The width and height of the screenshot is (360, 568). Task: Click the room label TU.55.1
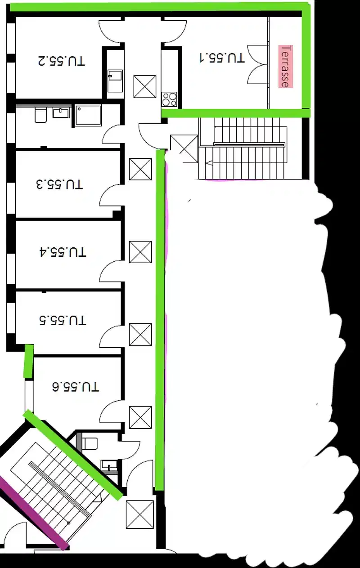(x=222, y=58)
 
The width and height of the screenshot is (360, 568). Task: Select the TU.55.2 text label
(x=61, y=60)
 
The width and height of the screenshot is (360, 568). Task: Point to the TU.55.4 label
(x=63, y=251)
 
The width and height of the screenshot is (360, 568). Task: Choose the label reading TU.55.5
(x=63, y=321)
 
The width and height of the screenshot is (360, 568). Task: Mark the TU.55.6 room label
(x=76, y=386)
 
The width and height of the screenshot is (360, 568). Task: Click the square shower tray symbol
(x=88, y=116)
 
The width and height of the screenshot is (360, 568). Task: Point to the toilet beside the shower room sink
(x=40, y=115)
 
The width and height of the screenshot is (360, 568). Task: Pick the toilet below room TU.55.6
(x=90, y=443)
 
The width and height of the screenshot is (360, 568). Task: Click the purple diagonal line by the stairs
(x=31, y=513)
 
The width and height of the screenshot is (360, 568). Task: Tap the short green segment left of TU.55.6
(x=28, y=361)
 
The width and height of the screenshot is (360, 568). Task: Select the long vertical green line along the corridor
(x=160, y=319)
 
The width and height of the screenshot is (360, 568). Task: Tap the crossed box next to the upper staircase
(x=184, y=148)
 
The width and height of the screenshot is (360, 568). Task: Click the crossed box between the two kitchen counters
(x=145, y=87)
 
